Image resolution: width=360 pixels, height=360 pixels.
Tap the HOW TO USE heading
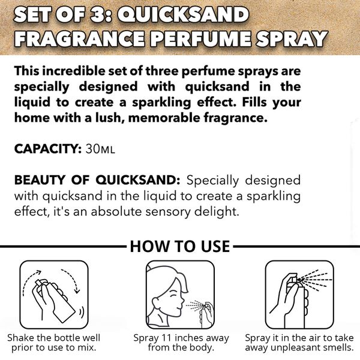click(x=179, y=247)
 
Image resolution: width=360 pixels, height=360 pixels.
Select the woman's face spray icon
click(x=180, y=292)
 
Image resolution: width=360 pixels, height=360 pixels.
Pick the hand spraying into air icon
click(x=299, y=292)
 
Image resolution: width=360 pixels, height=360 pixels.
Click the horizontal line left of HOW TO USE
click(x=63, y=247)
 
